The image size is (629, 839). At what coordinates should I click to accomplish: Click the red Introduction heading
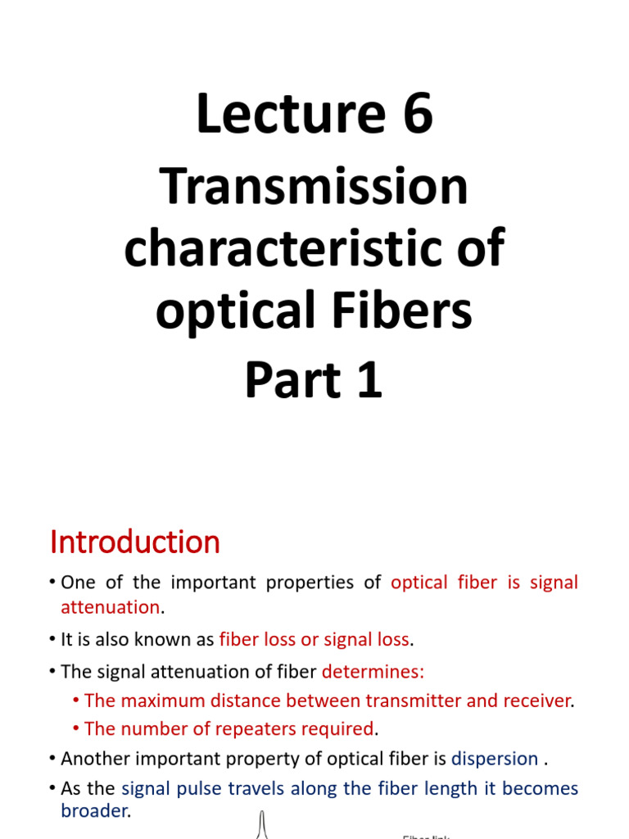pos(135,542)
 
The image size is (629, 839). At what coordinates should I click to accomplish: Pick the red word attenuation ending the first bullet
pos(110,607)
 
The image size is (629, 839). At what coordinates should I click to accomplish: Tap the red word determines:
pos(373,672)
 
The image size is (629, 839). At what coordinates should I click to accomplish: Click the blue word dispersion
pos(495,759)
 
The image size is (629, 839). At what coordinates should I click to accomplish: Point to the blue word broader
pos(94,810)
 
